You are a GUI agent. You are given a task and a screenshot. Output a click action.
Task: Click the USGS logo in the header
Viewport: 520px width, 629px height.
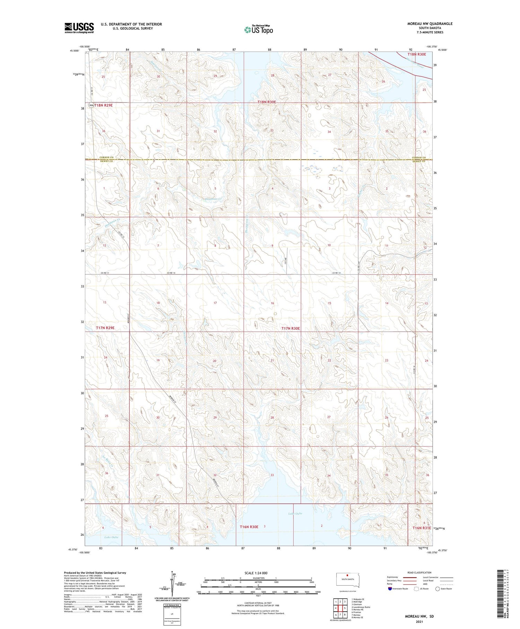point(79,28)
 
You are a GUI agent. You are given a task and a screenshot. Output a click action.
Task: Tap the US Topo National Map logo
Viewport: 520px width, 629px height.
point(258,29)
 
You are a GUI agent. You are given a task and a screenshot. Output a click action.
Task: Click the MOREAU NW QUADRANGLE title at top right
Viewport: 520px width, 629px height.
point(430,24)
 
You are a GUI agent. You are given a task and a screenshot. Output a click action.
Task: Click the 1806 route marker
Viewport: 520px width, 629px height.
point(91,105)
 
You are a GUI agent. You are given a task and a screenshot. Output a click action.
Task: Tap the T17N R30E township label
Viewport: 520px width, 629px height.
point(291,328)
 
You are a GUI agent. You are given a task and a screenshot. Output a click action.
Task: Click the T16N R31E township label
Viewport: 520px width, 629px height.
point(422,528)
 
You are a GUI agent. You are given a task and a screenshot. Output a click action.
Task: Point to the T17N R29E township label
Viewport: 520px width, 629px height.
point(105,328)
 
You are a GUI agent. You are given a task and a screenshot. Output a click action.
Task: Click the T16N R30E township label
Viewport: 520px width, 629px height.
point(249,527)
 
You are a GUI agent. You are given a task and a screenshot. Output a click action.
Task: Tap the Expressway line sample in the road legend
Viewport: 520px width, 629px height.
point(409,577)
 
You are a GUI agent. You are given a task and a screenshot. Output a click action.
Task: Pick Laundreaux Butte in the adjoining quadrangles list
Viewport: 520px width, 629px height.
point(361,607)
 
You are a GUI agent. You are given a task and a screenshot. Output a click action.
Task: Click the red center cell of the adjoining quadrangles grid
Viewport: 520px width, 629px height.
point(340,608)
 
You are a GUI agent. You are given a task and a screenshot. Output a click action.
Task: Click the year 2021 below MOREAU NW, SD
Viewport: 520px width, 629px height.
point(419,622)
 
